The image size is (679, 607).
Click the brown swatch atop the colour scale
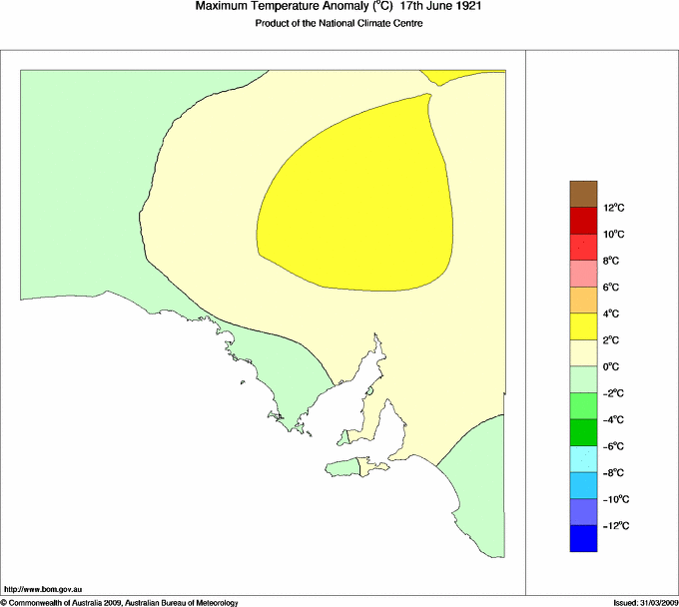583,193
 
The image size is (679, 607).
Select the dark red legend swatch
583,220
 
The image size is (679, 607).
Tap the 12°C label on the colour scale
613,208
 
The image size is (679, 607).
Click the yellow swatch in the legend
583,326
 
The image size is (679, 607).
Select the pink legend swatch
583,273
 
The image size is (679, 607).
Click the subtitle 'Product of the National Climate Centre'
339,23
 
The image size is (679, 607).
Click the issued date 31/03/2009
653,602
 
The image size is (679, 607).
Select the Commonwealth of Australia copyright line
120,602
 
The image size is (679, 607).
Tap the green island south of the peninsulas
345,465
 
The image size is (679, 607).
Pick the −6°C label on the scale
613,446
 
